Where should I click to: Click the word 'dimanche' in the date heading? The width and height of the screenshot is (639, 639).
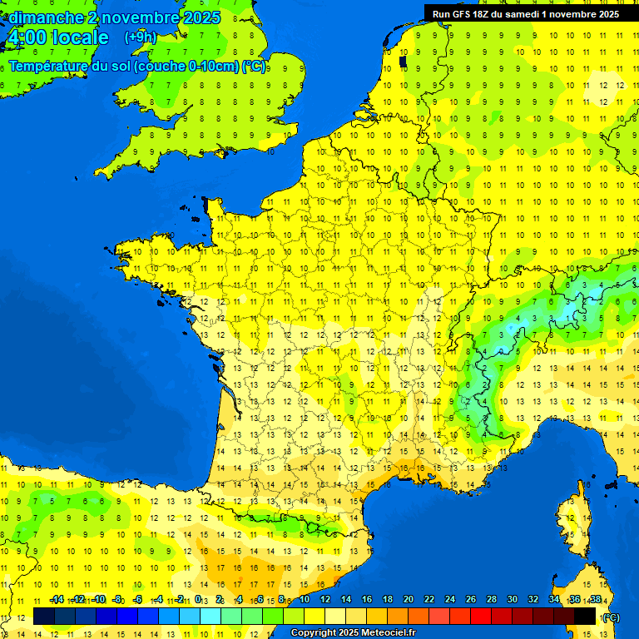pos(46,17)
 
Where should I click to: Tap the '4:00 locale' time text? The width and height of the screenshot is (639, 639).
pos(57,38)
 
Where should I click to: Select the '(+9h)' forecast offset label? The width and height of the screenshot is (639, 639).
pos(140,37)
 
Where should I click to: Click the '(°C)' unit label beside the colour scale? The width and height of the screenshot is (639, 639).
pos(610,617)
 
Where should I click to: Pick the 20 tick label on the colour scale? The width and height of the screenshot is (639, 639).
pos(408,599)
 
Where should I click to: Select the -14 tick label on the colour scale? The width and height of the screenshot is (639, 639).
pos(57,599)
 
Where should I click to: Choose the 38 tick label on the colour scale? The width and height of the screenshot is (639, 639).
pos(595,599)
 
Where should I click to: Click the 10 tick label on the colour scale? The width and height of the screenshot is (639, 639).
pos(305,599)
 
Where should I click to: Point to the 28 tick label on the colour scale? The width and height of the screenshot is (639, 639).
pos(491,599)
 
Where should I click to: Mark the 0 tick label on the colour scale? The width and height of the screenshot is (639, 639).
pos(199,599)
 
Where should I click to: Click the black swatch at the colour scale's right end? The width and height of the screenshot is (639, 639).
pos(585,617)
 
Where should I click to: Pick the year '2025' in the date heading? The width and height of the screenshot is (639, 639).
pos(200,17)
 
